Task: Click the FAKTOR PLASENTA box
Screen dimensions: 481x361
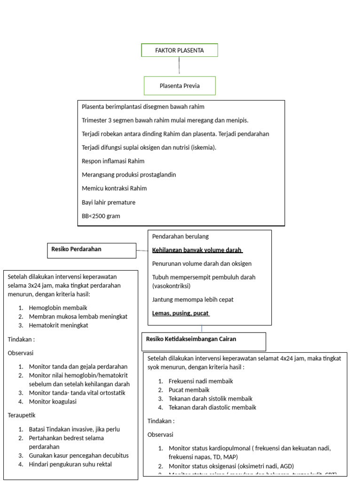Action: tap(180, 50)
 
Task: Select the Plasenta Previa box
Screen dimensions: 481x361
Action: tap(179, 86)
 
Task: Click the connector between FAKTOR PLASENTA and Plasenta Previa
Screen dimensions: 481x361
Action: tap(179, 66)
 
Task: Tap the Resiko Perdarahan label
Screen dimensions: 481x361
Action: tap(76, 249)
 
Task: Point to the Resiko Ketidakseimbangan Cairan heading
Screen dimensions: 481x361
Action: tap(191, 339)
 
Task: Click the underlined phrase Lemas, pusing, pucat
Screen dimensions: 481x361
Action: tap(180, 313)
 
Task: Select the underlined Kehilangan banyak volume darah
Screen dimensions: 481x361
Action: tap(197, 250)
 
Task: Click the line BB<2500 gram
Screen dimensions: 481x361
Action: tap(101, 216)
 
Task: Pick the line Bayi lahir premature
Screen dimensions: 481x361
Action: tap(109, 202)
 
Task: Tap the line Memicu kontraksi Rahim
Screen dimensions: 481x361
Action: tap(114, 188)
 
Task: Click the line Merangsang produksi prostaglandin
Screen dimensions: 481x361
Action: tap(129, 175)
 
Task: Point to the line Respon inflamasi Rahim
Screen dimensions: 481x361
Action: tap(113, 161)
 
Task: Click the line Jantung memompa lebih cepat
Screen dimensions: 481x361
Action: tap(193, 300)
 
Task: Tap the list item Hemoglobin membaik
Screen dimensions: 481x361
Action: tap(58, 308)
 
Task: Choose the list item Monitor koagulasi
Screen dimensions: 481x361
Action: tap(53, 402)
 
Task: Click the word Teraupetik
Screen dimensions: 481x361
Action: tap(22, 415)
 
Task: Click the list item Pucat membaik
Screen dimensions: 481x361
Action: tap(189, 390)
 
